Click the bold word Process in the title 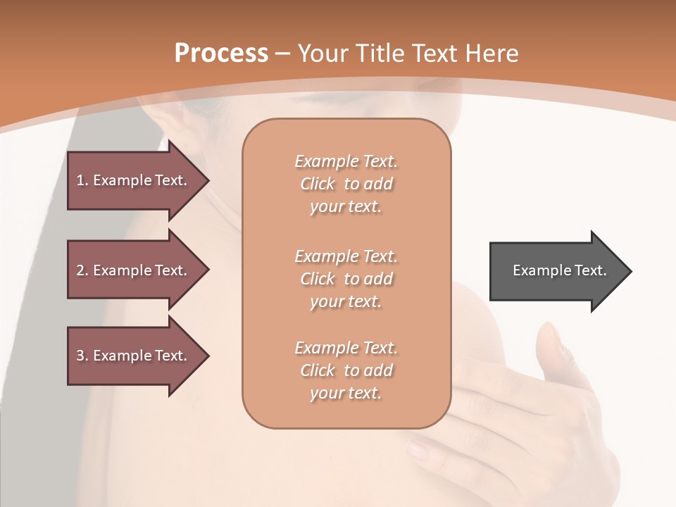click(221, 54)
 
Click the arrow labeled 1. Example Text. click(134, 180)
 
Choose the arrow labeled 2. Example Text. click(134, 270)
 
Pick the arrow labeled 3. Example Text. click(134, 356)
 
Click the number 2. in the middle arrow click(82, 270)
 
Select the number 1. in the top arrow click(82, 180)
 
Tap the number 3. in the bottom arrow click(82, 356)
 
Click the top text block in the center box click(346, 184)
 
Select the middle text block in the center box click(346, 279)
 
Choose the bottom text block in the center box click(346, 370)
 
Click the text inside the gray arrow click(559, 270)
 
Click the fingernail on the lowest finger click(417, 450)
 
